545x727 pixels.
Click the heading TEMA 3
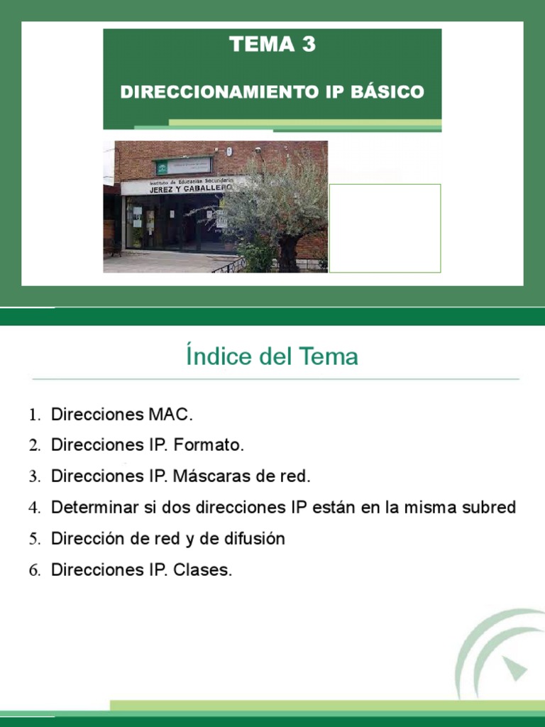coord(272,45)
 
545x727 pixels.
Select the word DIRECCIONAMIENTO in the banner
coord(205,92)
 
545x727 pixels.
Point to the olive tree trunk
coord(287,252)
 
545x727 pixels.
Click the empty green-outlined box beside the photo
coord(385,228)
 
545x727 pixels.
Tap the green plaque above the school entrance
coord(183,166)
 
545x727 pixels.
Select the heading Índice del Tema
coord(272,356)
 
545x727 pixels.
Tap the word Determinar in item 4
coord(89,508)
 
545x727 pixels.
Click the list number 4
coord(35,508)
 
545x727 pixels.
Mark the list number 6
coord(35,571)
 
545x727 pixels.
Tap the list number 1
coord(35,415)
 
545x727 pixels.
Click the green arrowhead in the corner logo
coord(517,668)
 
